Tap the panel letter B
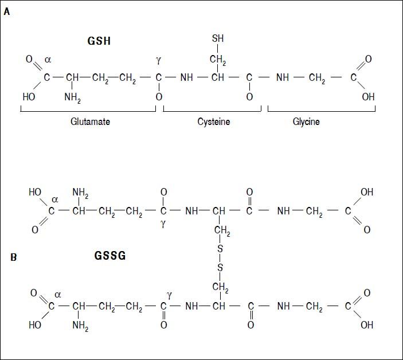[13, 257]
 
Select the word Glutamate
[90, 122]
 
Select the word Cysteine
[213, 122]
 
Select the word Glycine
[306, 122]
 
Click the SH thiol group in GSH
[218, 39]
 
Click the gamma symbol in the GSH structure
[159, 60]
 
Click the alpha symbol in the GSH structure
[48, 60]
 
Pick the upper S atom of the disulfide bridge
[220, 248]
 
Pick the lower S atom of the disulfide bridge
[220, 267]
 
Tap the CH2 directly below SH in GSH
[218, 59]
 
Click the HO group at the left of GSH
[29, 97]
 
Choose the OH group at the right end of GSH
[368, 97]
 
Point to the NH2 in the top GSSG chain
[80, 194]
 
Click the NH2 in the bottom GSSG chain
[80, 326]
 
